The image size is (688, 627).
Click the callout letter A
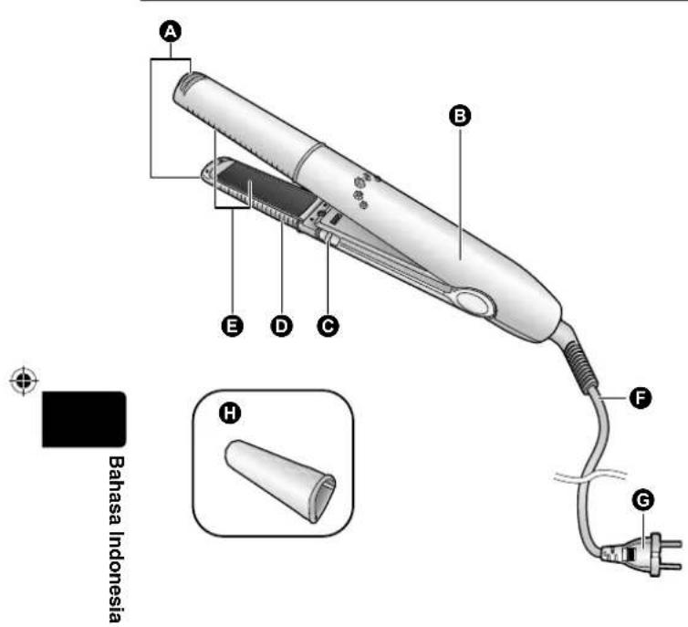171,32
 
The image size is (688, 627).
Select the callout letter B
460,115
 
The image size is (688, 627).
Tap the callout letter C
328,326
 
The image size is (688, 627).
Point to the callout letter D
281,326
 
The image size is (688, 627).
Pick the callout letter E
232,326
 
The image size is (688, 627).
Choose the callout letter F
641,398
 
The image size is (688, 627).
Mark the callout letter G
643,500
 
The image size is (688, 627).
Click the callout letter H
229,413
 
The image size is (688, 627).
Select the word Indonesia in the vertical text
115,577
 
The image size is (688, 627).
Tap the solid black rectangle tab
84,419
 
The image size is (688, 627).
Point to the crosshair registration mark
24,380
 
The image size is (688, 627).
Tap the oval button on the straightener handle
472,303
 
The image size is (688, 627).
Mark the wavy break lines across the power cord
590,476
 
